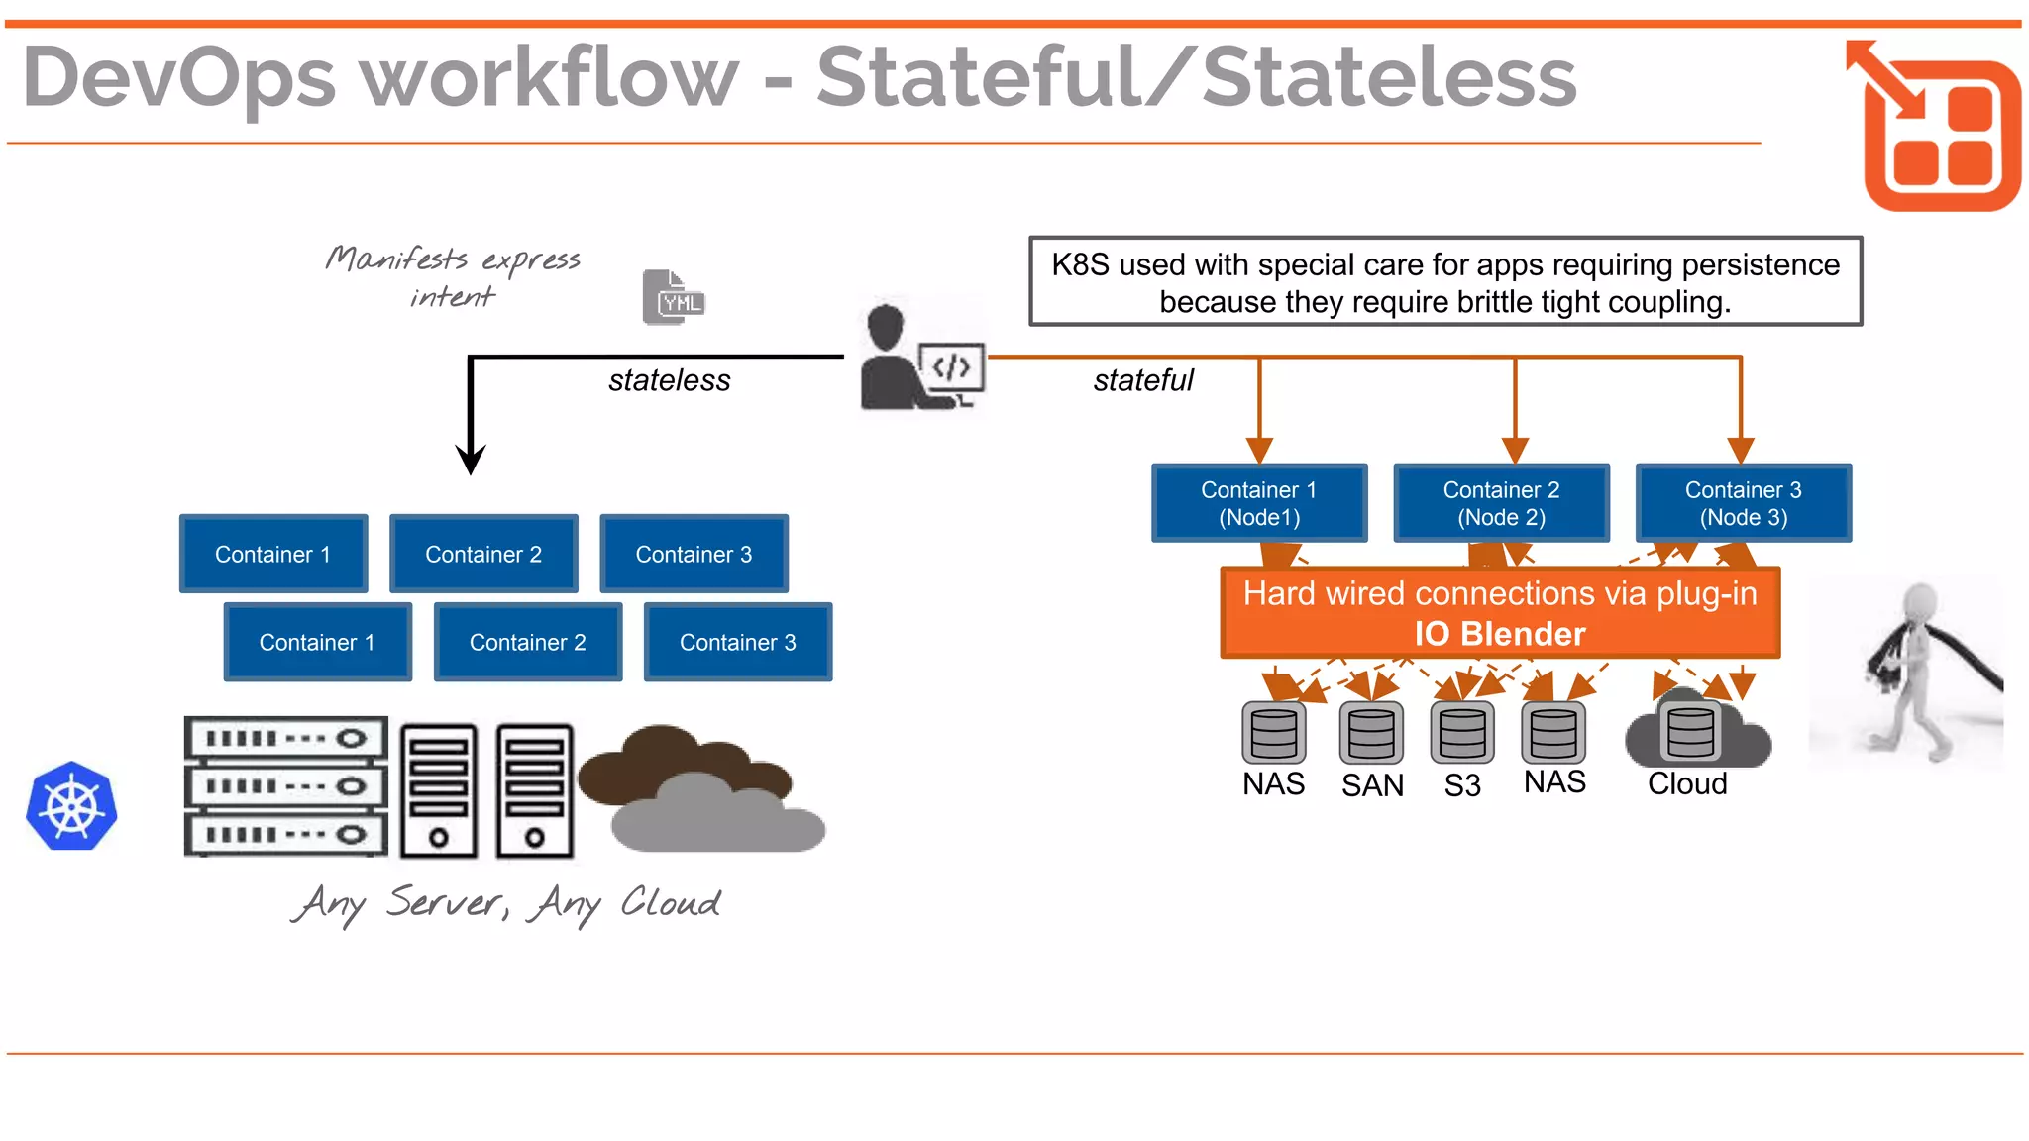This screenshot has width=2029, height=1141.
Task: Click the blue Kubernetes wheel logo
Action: click(x=71, y=806)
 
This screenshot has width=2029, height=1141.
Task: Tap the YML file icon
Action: click(x=674, y=297)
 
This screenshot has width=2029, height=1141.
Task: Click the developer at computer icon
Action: click(x=921, y=358)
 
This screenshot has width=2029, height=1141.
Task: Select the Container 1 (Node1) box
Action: click(x=1259, y=503)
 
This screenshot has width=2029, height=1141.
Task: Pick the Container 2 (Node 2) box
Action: click(x=1501, y=503)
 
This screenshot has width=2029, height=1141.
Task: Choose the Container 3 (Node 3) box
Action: click(x=1743, y=503)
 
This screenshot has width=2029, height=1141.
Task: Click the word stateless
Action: click(x=669, y=380)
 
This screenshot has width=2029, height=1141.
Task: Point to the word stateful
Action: click(x=1142, y=380)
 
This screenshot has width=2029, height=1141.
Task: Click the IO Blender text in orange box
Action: click(x=1499, y=634)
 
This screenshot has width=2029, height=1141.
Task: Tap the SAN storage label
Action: click(x=1372, y=785)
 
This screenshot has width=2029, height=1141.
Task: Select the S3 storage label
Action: click(x=1461, y=785)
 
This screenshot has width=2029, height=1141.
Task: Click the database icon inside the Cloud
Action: click(x=1690, y=732)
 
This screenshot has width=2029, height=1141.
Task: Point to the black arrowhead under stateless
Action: click(x=471, y=460)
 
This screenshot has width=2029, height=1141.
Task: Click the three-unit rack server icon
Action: click(x=285, y=786)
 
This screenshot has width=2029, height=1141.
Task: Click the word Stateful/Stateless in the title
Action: click(x=1195, y=77)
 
